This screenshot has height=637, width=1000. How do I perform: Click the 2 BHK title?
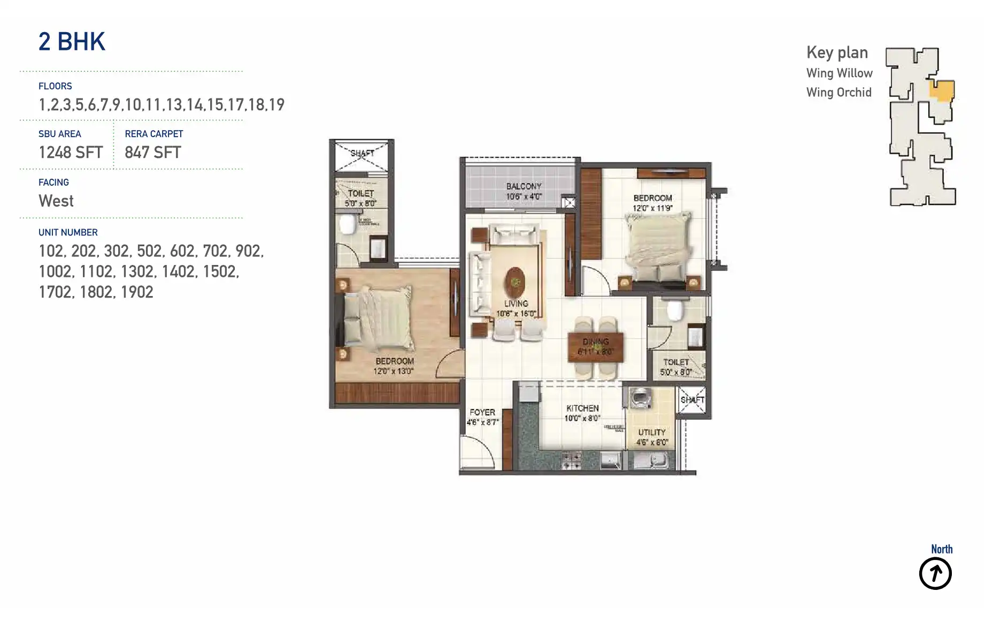(72, 42)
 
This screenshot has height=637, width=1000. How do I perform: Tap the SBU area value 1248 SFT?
(71, 153)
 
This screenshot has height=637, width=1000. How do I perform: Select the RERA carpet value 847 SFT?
(153, 153)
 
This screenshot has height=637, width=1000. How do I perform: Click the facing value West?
(56, 201)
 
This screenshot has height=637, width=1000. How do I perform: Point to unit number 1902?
(137, 292)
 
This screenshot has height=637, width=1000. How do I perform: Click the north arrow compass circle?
(935, 573)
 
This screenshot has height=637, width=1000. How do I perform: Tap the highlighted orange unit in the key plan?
(942, 90)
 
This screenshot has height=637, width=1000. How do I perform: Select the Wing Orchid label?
(839, 93)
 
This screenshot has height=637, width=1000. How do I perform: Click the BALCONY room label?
(524, 186)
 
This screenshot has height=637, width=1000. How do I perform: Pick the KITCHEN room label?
(582, 408)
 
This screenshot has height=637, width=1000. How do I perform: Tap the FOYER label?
(482, 412)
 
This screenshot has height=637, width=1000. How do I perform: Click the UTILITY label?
(651, 432)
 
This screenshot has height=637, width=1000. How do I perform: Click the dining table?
(596, 347)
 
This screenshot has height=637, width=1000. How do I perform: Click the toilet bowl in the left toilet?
(348, 224)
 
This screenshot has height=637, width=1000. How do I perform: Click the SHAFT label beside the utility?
(692, 400)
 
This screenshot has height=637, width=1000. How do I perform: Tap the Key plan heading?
(837, 52)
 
